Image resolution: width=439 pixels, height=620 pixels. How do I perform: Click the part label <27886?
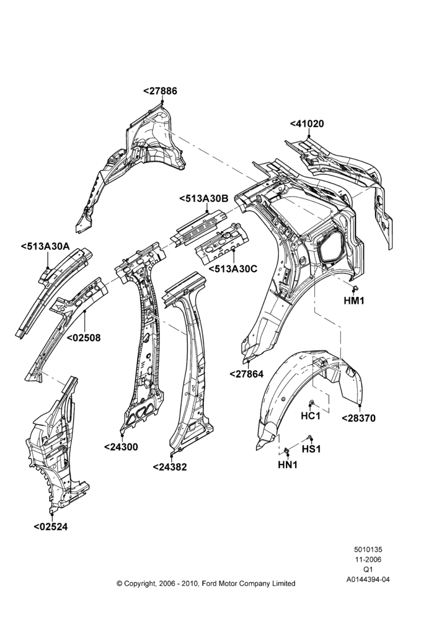pos(160,91)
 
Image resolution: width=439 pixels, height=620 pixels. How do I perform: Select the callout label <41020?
pos(307,124)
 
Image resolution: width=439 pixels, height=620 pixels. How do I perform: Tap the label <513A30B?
pos(203,199)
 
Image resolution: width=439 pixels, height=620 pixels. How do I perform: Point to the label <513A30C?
pos(233,269)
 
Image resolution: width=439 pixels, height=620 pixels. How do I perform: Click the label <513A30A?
pos(45,247)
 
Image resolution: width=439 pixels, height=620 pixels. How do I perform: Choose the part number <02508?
pos(84,338)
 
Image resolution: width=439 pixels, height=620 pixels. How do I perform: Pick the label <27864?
pos(246,374)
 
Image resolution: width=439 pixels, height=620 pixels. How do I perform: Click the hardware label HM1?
pos(354,301)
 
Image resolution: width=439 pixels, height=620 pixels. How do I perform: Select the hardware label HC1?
pos(311,416)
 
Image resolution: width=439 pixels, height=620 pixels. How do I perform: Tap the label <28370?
pos(358,418)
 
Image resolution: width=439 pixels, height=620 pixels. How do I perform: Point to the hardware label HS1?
pos(311,449)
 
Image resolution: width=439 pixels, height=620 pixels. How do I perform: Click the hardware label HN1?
pos(288,465)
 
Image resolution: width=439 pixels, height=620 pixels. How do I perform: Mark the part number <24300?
pos(121,447)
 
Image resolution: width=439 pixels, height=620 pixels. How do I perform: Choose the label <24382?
pos(170,467)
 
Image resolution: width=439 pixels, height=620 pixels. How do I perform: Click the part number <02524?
pos(51,526)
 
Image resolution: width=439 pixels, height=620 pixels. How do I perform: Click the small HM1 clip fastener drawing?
pos(355,287)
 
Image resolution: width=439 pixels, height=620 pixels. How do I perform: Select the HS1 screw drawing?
pos(309,437)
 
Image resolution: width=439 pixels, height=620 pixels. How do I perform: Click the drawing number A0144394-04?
pos(368,580)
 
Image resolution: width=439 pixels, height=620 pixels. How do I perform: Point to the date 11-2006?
pos(368,559)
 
